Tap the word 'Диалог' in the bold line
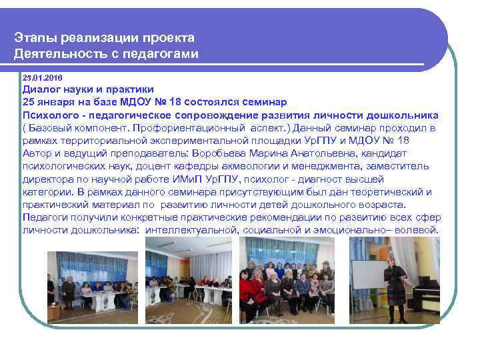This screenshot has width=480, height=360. click(x=42, y=89)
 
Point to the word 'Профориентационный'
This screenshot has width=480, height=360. click(x=193, y=127)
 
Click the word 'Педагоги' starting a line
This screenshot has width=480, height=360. click(x=45, y=217)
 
